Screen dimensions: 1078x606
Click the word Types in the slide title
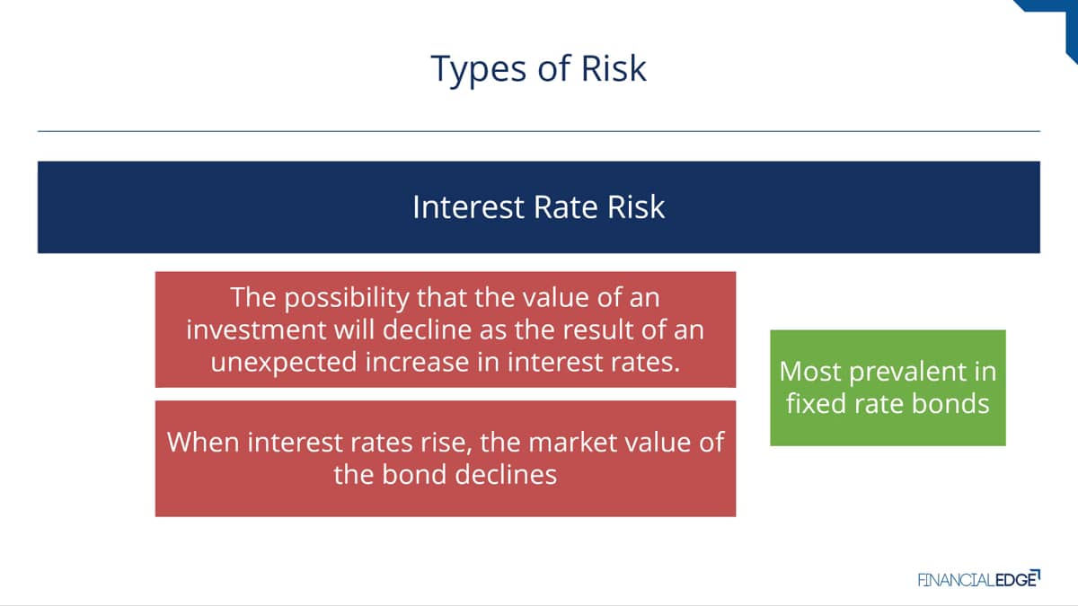pos(478,70)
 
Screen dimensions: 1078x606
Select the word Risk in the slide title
pos(614,68)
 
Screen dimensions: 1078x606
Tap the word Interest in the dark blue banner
pos(468,207)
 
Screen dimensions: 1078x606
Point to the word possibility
pos(347,298)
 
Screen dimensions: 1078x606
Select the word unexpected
pos(284,363)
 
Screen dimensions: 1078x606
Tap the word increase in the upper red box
pos(417,362)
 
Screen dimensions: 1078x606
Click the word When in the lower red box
pos(203,442)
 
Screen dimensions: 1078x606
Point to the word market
pos(569,442)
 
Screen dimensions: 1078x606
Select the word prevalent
pos(908,373)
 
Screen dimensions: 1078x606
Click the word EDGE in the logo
pos(1016,580)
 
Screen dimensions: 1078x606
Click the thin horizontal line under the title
pos(538,131)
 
